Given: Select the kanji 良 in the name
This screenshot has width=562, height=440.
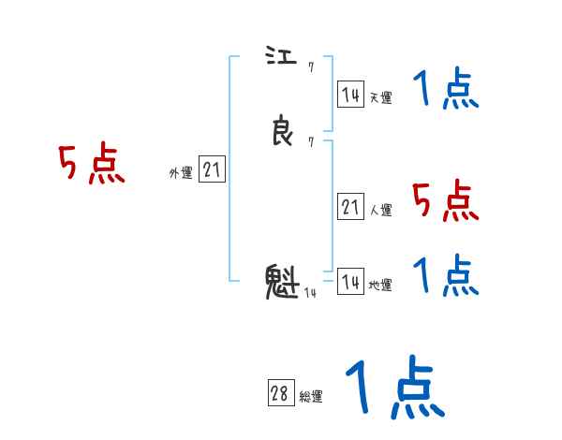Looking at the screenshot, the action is click(x=282, y=132).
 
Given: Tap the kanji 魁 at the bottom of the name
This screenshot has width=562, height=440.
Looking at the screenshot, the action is click(x=282, y=281).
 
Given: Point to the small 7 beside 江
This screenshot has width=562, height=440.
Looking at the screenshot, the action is click(x=310, y=67).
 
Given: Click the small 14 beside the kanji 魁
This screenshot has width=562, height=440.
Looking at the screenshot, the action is click(x=310, y=293).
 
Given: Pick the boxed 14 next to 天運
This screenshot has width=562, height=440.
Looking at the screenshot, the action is click(x=350, y=95).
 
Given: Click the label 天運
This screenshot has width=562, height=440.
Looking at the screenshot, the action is click(x=380, y=96).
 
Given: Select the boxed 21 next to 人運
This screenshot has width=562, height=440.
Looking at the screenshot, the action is click(x=350, y=207).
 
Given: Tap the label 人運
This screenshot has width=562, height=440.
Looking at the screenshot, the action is click(x=380, y=210).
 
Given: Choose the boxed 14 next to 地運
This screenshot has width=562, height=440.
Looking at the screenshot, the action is click(x=350, y=282).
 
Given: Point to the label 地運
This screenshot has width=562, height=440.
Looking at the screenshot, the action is click(x=380, y=285).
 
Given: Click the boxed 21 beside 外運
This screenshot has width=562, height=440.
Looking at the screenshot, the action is click(x=212, y=169).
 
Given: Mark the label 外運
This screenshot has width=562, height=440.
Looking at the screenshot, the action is click(x=180, y=172).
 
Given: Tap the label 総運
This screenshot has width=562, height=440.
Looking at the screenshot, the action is click(x=310, y=397).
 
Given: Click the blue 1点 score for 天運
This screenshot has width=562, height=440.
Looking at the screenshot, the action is click(x=446, y=92).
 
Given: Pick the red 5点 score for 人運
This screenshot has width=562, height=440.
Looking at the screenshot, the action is click(x=446, y=200).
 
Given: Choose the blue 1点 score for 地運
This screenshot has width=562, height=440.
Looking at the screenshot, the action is click(x=446, y=276).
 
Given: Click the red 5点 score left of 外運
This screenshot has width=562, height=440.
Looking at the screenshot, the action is click(x=92, y=165).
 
